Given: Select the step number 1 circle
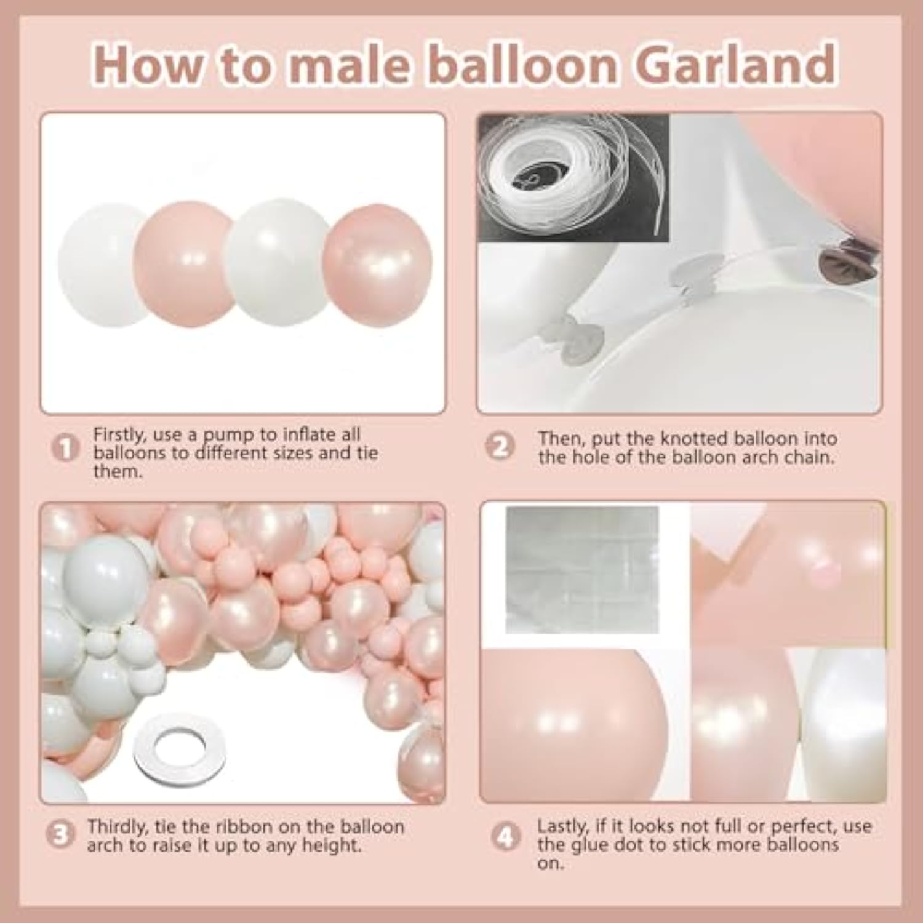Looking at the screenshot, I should point(65,447).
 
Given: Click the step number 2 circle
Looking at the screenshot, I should point(500,447).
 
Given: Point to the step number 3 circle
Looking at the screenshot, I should point(60,836).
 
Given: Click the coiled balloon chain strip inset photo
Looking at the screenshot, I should point(573,175).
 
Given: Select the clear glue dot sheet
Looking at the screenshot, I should point(581,569).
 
